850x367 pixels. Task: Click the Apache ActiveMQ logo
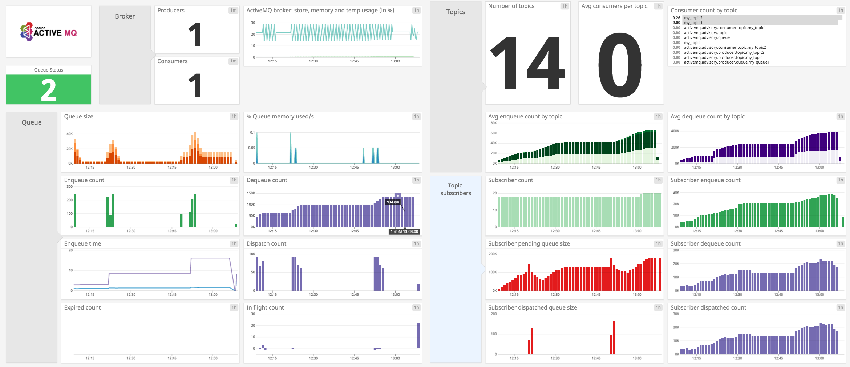[x=48, y=32]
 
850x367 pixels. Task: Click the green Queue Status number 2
[x=48, y=90]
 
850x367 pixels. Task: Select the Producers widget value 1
[x=195, y=35]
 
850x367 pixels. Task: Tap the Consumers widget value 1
[x=195, y=85]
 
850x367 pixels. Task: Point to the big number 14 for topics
[x=527, y=63]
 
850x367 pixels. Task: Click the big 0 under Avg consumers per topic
[x=620, y=65]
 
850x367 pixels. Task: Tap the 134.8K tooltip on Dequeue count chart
[x=393, y=202]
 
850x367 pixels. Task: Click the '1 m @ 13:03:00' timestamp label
[x=404, y=231]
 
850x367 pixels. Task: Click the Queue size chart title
[x=78, y=117]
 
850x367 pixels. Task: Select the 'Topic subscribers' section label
[x=456, y=189]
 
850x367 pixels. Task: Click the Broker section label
[x=125, y=16]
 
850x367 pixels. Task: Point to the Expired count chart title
[x=82, y=308]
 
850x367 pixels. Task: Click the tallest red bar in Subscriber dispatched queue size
[x=614, y=337]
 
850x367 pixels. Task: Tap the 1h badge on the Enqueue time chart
[x=234, y=244]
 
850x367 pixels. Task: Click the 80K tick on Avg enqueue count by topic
[x=493, y=123]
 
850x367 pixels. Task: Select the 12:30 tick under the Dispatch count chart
[x=313, y=295]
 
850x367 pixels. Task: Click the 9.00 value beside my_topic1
[x=676, y=23]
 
